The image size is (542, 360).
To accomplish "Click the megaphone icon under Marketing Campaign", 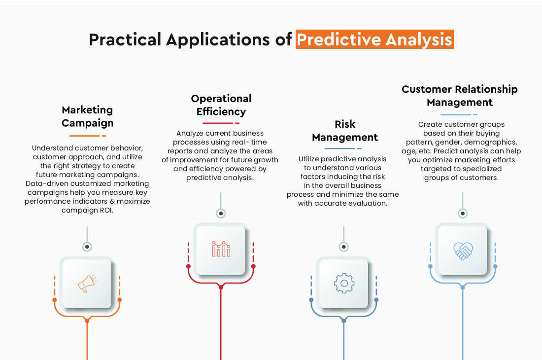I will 87,284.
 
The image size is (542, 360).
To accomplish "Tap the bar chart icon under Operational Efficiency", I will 221,249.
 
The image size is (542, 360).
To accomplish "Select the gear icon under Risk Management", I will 343,283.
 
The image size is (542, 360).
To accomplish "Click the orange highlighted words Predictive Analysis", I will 375,39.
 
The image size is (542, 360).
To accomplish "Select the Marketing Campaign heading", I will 88,116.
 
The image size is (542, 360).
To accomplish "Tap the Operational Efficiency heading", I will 221,105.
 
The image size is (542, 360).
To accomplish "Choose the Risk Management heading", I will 345,131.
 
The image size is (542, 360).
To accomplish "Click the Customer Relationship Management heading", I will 460,96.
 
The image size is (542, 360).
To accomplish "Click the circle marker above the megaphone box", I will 87,246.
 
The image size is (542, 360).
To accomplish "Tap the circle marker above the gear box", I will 344,247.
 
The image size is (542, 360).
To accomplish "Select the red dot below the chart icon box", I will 221,287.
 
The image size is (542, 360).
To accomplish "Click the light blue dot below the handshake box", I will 463,287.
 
